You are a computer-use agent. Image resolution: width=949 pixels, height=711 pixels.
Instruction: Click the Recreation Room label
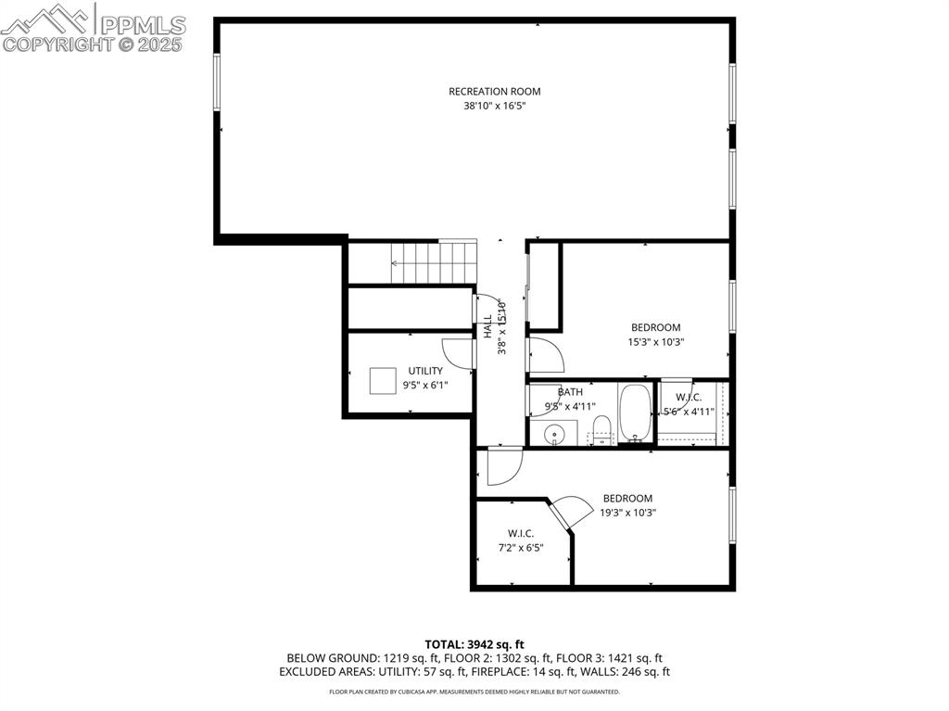click(495, 92)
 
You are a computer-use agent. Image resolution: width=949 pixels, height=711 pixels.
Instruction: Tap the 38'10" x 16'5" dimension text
click(495, 106)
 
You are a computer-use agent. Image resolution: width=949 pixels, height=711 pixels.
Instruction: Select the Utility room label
click(424, 371)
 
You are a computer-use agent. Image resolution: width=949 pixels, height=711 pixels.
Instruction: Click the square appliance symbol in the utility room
click(383, 381)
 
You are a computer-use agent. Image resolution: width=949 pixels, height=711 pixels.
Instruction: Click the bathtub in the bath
click(635, 413)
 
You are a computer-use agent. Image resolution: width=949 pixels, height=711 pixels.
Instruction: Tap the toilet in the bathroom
click(601, 430)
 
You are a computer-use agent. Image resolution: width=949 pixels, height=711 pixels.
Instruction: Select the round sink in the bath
click(554, 434)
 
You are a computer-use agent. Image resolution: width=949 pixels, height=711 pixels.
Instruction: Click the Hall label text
click(487, 325)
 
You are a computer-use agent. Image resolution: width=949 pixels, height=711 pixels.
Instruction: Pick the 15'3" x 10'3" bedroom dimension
click(655, 341)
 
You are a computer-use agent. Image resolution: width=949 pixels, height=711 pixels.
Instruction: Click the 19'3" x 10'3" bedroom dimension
click(627, 513)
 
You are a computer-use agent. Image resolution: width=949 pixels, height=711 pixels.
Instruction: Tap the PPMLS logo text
click(143, 25)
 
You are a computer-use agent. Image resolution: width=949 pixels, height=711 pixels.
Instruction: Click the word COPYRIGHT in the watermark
click(58, 44)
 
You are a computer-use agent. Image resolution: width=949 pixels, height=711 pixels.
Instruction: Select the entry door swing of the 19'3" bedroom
click(504, 466)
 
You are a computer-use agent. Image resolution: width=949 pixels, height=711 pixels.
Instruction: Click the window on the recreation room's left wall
click(217, 82)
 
